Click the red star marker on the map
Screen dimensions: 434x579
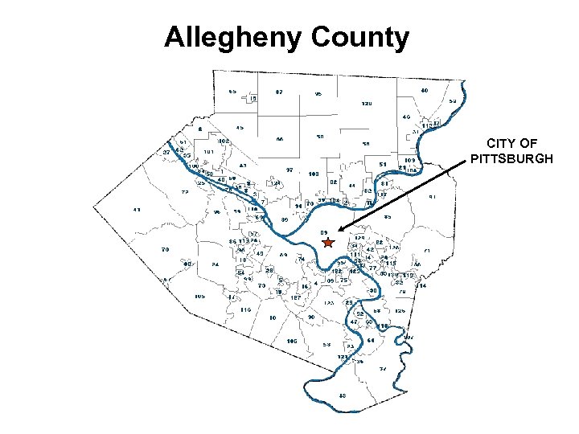(x=328, y=242)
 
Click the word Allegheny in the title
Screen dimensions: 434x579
(x=230, y=37)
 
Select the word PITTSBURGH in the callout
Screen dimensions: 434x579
(x=511, y=158)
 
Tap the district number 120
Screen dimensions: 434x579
(x=366, y=104)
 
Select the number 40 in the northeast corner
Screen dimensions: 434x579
(x=425, y=91)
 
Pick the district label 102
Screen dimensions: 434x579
(x=223, y=141)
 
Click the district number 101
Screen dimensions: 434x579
(x=207, y=152)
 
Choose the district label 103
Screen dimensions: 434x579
(x=314, y=174)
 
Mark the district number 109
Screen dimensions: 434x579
(x=409, y=161)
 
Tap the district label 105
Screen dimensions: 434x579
(x=200, y=296)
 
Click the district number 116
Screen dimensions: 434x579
(x=245, y=309)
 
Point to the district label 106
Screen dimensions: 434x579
(x=291, y=341)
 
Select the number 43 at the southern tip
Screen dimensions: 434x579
(x=342, y=395)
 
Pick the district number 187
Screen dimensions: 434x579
(x=295, y=297)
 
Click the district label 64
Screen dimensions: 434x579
(x=371, y=340)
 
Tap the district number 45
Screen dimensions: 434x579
(x=240, y=128)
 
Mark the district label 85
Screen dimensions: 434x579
(x=388, y=217)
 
